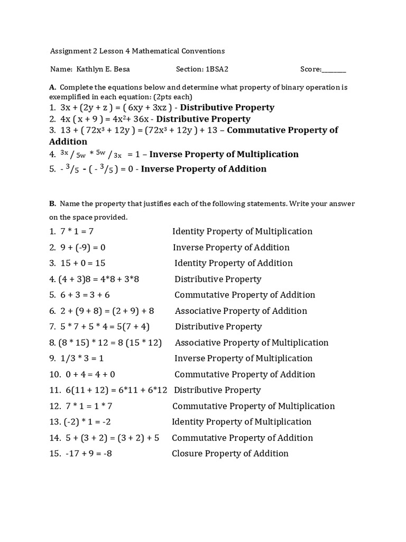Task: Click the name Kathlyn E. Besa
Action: coord(103,69)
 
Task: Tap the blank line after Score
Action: coord(334,69)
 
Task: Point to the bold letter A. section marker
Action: coord(52,87)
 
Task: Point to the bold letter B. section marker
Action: coord(52,204)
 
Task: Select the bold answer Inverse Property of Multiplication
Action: coord(224,154)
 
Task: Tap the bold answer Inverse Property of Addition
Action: coord(204,169)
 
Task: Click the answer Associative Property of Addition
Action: coord(241,311)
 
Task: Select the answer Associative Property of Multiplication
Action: coord(252,342)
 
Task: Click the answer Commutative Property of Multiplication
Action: coord(253,406)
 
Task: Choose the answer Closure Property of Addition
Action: coord(230,454)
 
